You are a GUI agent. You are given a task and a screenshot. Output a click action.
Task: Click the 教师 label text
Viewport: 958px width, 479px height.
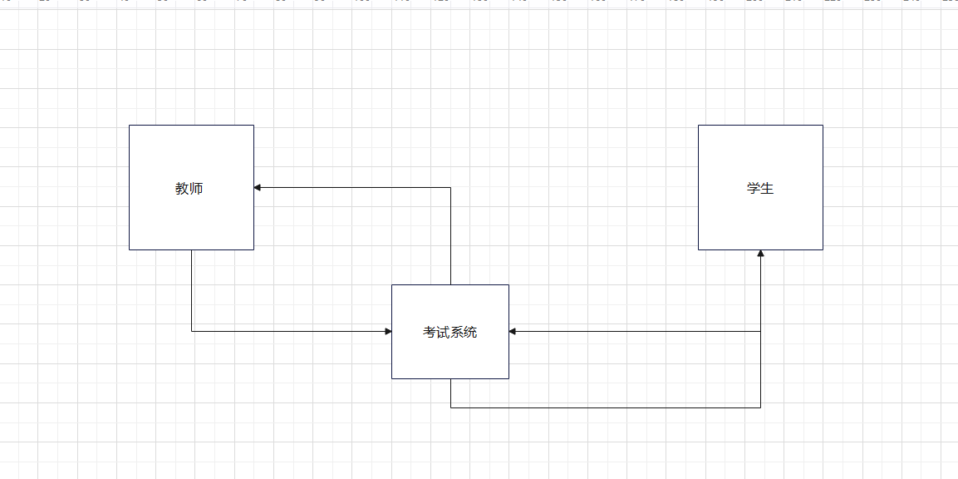point(189,189)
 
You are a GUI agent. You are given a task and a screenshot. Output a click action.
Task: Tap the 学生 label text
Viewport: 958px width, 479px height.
point(760,189)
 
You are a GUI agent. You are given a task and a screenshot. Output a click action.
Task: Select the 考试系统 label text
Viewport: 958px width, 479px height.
point(450,333)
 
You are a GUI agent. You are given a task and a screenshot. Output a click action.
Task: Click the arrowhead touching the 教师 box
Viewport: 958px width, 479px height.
point(258,188)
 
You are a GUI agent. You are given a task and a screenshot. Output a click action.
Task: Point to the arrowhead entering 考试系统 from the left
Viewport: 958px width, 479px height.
point(388,332)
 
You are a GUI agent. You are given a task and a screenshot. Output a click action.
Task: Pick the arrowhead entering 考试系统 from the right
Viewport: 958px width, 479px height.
point(513,332)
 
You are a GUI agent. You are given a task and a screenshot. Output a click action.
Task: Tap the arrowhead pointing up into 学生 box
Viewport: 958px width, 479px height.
point(760,254)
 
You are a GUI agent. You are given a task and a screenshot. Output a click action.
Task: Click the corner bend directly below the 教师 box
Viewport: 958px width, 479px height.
point(192,332)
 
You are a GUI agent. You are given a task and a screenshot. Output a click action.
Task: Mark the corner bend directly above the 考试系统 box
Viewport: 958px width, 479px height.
point(450,188)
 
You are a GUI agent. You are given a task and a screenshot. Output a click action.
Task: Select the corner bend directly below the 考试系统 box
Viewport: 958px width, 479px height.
point(451,407)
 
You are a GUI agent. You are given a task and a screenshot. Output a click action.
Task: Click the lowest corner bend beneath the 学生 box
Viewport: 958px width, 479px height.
point(760,407)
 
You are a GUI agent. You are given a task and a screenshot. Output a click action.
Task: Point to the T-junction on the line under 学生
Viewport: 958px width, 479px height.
point(760,332)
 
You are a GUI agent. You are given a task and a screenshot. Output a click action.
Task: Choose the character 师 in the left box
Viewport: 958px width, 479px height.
point(197,189)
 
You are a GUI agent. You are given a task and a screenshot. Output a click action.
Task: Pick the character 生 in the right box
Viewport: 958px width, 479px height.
point(768,189)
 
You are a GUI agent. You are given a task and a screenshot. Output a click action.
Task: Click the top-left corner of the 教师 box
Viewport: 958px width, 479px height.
point(130,126)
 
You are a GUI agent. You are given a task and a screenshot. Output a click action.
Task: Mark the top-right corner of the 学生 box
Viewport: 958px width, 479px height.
point(823,126)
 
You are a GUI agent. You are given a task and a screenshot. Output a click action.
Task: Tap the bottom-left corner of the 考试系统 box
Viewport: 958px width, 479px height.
point(392,378)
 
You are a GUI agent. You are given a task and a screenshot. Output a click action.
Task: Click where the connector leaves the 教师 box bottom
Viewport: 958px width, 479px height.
point(192,249)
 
